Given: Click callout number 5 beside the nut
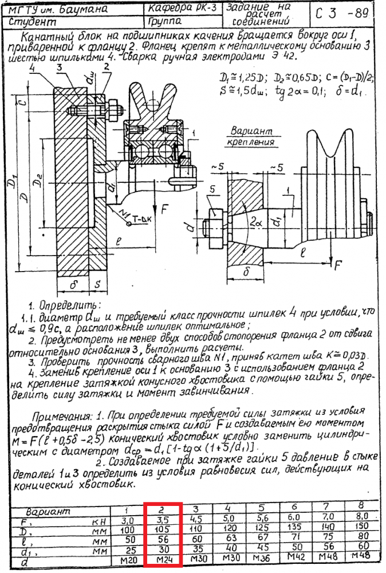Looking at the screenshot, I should [x=213, y=189].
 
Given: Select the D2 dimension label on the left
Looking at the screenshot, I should [x=36, y=182].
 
